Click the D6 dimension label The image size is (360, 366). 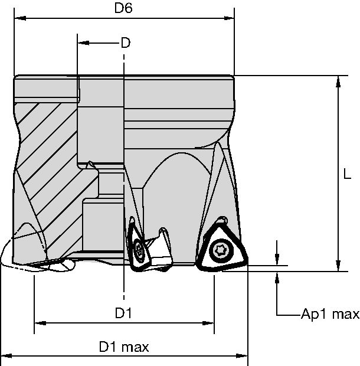pos(123,9)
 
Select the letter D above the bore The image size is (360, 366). pos(125,43)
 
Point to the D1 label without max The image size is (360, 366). pos(123,313)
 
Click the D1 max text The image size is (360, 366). pos(123,347)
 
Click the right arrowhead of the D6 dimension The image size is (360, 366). pos(230,18)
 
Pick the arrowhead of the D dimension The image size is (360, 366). pos(82,43)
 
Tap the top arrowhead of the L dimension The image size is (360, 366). pos(338,80)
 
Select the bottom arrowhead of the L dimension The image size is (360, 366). pos(338,267)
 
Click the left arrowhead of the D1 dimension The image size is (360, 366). pos(39,323)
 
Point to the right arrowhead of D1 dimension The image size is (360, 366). pos(209,323)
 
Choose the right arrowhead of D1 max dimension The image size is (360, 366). pos(243,357)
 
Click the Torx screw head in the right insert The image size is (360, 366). pos(220,250)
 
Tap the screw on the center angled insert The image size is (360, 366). pos(140,251)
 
